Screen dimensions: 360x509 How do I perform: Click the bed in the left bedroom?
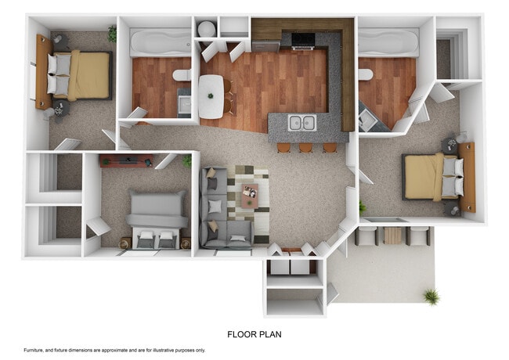[78, 74]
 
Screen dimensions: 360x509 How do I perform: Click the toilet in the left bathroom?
[182, 75]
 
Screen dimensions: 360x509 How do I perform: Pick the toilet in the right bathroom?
[365, 74]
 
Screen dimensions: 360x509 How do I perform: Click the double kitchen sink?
[301, 122]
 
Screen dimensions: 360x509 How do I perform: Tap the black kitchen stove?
[303, 40]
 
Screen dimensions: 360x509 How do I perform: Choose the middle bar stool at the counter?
[305, 147]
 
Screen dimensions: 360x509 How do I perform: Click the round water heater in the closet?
[206, 29]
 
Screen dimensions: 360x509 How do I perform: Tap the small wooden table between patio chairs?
[392, 235]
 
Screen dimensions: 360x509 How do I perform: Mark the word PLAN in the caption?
[270, 334]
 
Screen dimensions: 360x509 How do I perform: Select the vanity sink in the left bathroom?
[184, 103]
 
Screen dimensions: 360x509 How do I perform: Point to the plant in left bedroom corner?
[112, 34]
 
